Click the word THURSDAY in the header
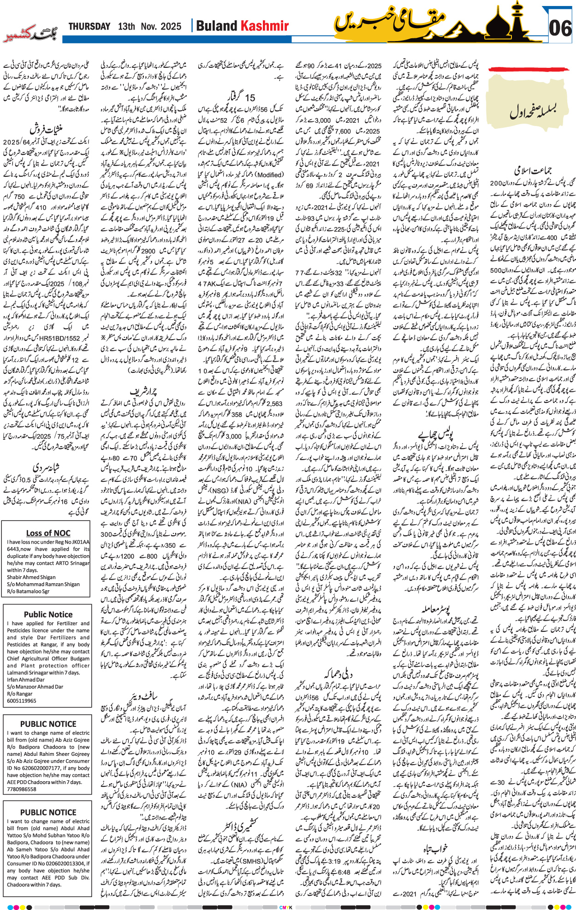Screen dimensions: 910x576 (89, 27)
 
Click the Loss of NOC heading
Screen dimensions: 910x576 (48, 533)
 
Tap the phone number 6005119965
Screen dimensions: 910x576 (22, 700)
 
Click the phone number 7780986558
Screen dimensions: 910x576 (22, 789)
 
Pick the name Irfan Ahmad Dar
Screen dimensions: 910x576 (26, 679)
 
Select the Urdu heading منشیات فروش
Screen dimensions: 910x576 (46, 129)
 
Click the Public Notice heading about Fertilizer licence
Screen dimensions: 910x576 (48, 614)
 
